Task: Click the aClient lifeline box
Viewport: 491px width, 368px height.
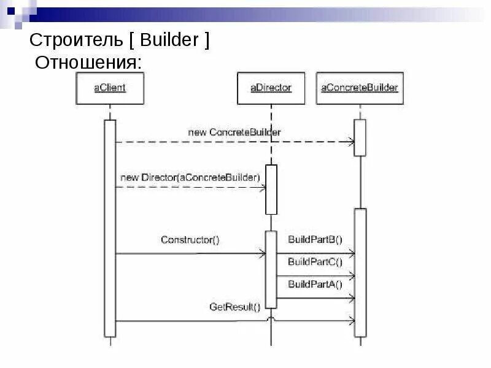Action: [110, 88]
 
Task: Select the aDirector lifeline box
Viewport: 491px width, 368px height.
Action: [271, 88]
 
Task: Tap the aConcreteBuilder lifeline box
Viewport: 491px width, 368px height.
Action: [360, 88]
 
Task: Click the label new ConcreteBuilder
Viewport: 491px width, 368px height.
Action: [244, 132]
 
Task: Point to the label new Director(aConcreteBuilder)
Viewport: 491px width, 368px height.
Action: [190, 178]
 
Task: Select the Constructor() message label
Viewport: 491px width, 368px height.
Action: [190, 240]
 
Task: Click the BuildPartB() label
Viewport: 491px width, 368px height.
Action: [315, 240]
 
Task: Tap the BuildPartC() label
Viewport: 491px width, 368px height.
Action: [315, 262]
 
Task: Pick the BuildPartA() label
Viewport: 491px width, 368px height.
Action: [315, 284]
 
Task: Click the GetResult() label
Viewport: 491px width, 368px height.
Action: [235, 307]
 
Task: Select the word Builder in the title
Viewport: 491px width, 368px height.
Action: [169, 41]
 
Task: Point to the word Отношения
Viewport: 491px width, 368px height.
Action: [88, 62]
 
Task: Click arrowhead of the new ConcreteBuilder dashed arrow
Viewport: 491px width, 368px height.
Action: [351, 142]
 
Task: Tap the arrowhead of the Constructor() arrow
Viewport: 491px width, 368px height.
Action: [262, 253]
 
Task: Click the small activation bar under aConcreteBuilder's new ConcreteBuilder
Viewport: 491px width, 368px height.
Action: [360, 137]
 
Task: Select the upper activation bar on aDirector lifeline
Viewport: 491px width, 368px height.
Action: [271, 189]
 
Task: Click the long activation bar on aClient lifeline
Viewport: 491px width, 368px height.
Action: [110, 228]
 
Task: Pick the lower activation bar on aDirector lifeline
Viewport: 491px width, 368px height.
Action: [271, 270]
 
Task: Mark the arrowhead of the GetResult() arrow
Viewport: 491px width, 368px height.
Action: [351, 320]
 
